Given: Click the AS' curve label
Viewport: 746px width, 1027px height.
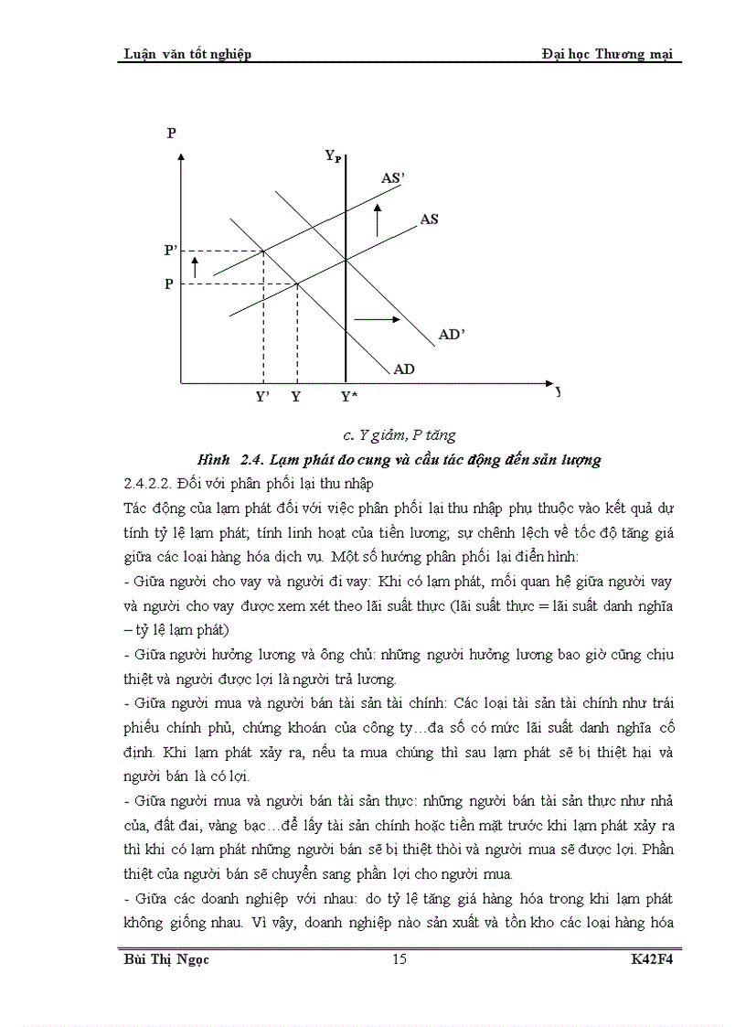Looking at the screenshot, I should [x=392, y=178].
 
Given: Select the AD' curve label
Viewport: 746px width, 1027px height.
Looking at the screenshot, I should [x=453, y=335].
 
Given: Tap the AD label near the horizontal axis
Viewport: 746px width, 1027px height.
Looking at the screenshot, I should [x=404, y=369].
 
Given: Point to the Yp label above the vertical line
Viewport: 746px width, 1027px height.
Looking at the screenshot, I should [x=334, y=156].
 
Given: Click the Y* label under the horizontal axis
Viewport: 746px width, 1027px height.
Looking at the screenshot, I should [x=348, y=397].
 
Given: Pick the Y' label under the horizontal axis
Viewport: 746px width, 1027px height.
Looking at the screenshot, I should [x=262, y=397].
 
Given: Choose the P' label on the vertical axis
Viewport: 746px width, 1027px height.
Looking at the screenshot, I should [x=171, y=250].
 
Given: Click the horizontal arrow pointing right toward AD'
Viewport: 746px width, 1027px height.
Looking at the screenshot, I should [x=377, y=319].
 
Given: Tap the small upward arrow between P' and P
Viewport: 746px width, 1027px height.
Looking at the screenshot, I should [x=195, y=266].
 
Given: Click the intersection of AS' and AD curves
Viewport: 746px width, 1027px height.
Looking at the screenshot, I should [x=264, y=251].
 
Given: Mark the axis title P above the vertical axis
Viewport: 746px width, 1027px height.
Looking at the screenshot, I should [x=171, y=134].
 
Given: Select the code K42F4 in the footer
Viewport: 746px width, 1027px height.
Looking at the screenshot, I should [x=653, y=959].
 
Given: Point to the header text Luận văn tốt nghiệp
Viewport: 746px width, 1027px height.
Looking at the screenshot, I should [x=187, y=54].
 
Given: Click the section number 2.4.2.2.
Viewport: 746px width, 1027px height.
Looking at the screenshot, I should [x=152, y=482].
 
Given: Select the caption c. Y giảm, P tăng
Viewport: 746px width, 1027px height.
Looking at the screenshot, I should [x=393, y=435].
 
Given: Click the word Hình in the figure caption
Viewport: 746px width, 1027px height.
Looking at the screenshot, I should [x=215, y=459].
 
